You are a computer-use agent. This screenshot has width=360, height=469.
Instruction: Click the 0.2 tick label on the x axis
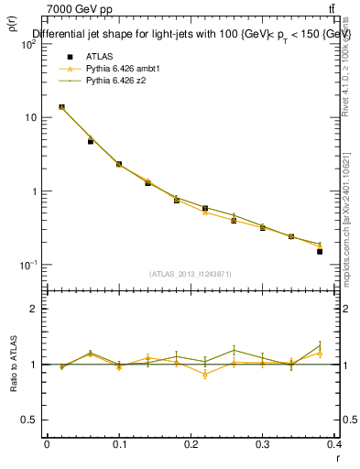click(191, 444)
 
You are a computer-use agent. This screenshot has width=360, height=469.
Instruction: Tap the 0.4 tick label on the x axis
click(333, 444)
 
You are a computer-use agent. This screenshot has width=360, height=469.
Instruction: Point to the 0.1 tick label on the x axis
click(118, 444)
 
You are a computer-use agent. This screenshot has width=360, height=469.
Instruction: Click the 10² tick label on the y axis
click(28, 45)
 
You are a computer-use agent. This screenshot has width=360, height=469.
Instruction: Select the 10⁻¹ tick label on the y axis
click(28, 265)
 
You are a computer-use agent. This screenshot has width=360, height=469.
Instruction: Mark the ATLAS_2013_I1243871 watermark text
click(191, 274)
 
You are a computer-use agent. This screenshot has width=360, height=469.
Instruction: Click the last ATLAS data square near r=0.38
click(320, 251)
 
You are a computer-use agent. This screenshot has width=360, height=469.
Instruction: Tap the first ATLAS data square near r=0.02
click(61, 107)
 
